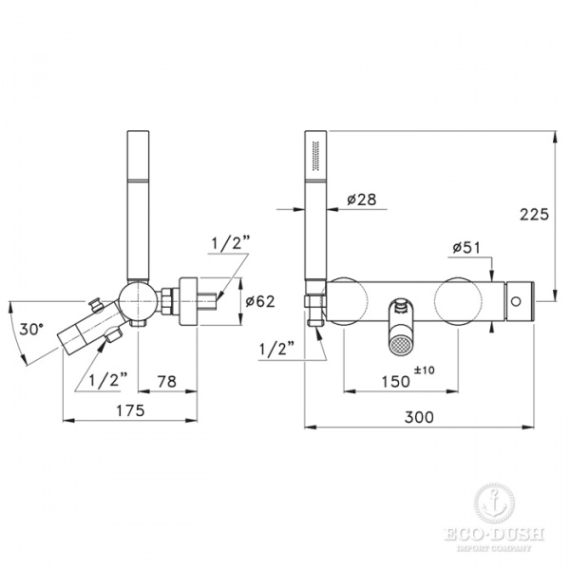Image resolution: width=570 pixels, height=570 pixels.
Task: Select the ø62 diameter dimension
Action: click(x=258, y=302)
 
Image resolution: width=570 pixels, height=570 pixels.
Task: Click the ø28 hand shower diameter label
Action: click(x=362, y=199)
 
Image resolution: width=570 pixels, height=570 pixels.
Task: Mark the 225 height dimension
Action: click(x=535, y=215)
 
